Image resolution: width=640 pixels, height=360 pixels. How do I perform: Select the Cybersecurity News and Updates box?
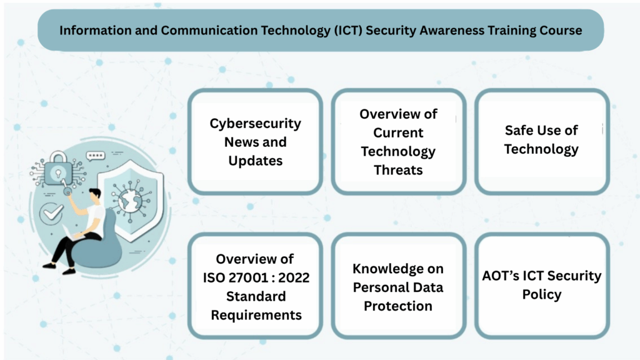pyautogui.click(x=256, y=142)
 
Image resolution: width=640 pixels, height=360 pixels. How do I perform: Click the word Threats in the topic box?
pyautogui.click(x=398, y=170)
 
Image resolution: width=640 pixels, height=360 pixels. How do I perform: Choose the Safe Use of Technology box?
pyautogui.click(x=542, y=142)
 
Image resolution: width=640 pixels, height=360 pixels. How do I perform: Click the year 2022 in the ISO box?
pyautogui.click(x=294, y=277)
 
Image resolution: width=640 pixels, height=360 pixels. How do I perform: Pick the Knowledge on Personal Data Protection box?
pyautogui.click(x=398, y=286)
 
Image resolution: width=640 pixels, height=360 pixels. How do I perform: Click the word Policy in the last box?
pyautogui.click(x=542, y=295)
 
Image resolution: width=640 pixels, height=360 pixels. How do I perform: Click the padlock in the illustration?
pyautogui.click(x=58, y=169)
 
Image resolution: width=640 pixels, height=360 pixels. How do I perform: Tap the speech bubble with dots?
pyautogui.click(x=96, y=156)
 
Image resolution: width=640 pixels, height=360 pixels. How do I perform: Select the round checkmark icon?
pyautogui.click(x=51, y=213)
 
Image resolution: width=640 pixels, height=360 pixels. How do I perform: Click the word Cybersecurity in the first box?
pyautogui.click(x=256, y=123)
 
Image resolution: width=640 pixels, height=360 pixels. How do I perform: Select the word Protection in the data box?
pyautogui.click(x=398, y=306)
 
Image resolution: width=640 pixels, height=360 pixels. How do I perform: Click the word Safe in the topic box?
pyautogui.click(x=517, y=130)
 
